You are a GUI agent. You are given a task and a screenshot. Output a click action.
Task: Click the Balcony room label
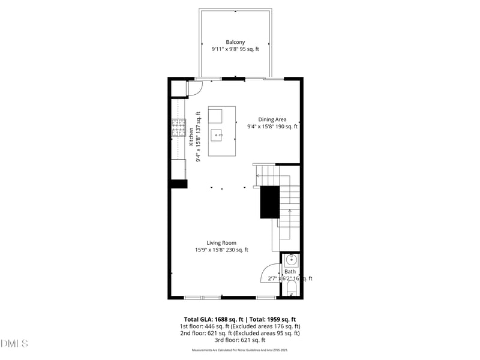235,42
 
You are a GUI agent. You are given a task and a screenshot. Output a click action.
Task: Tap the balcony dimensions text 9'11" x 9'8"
225,49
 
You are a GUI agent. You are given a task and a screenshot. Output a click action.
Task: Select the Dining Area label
272,119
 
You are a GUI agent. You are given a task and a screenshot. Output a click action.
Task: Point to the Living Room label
221,243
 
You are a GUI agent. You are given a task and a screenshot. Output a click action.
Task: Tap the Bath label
290,272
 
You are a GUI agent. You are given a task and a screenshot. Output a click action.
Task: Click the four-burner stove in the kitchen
178,128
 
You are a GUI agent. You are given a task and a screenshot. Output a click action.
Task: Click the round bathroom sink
290,260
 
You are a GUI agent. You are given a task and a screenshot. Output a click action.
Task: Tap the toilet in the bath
291,290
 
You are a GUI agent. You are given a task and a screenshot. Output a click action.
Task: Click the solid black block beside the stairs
269,202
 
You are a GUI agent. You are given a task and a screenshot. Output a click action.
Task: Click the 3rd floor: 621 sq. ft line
240,340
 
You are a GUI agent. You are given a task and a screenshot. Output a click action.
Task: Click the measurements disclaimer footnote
240,350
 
